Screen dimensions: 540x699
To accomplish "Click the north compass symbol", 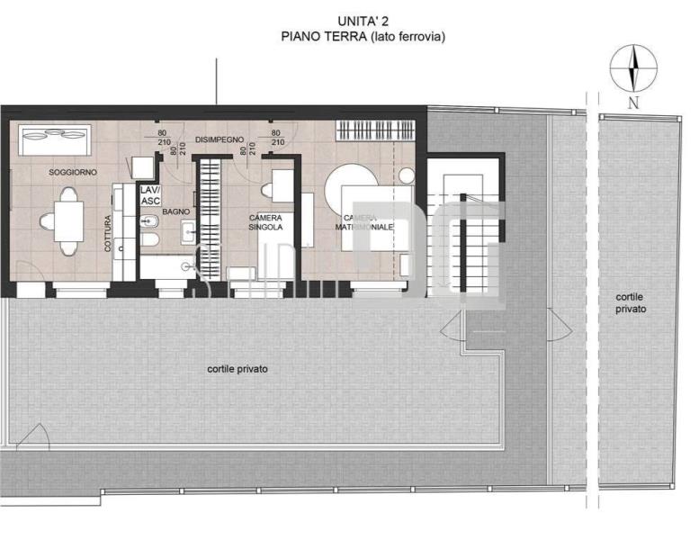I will pos(633,68).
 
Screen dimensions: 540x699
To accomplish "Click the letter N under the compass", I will pos(633,103).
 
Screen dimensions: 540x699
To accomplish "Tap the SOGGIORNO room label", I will pos(74,172).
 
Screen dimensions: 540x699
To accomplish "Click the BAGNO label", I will pos(176,211).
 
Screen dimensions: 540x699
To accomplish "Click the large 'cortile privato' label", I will pos(237,369).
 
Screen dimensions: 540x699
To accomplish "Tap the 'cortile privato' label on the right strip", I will pos(631,302).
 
